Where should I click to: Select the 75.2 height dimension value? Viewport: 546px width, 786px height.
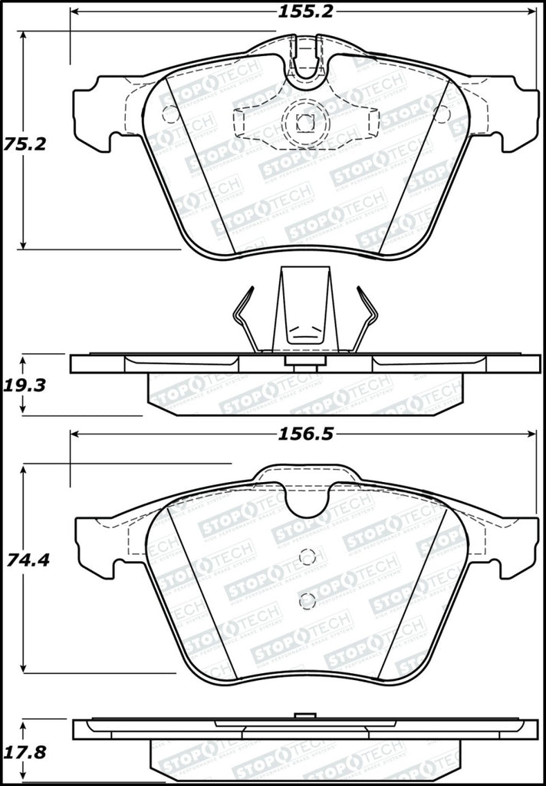pyautogui.click(x=21, y=143)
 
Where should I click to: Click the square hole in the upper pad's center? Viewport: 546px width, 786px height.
pyautogui.click(x=304, y=121)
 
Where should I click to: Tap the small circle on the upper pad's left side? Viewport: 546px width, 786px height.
pyautogui.click(x=171, y=114)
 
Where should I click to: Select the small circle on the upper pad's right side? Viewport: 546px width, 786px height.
pyautogui.click(x=440, y=114)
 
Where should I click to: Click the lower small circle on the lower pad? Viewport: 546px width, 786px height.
pyautogui.click(x=307, y=600)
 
